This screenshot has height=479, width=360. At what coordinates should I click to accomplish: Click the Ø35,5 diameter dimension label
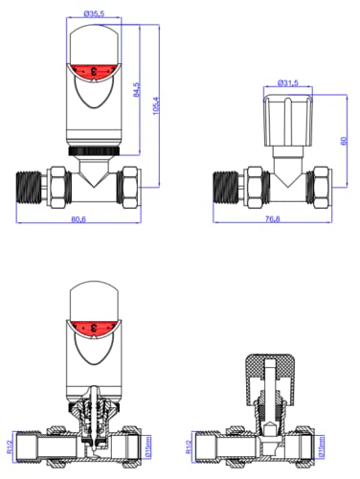[x=94, y=14]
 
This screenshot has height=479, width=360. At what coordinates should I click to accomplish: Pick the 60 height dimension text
[x=341, y=140]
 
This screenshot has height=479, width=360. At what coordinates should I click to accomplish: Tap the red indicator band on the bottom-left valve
[x=93, y=326]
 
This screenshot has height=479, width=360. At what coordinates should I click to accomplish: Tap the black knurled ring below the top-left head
[x=93, y=150]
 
